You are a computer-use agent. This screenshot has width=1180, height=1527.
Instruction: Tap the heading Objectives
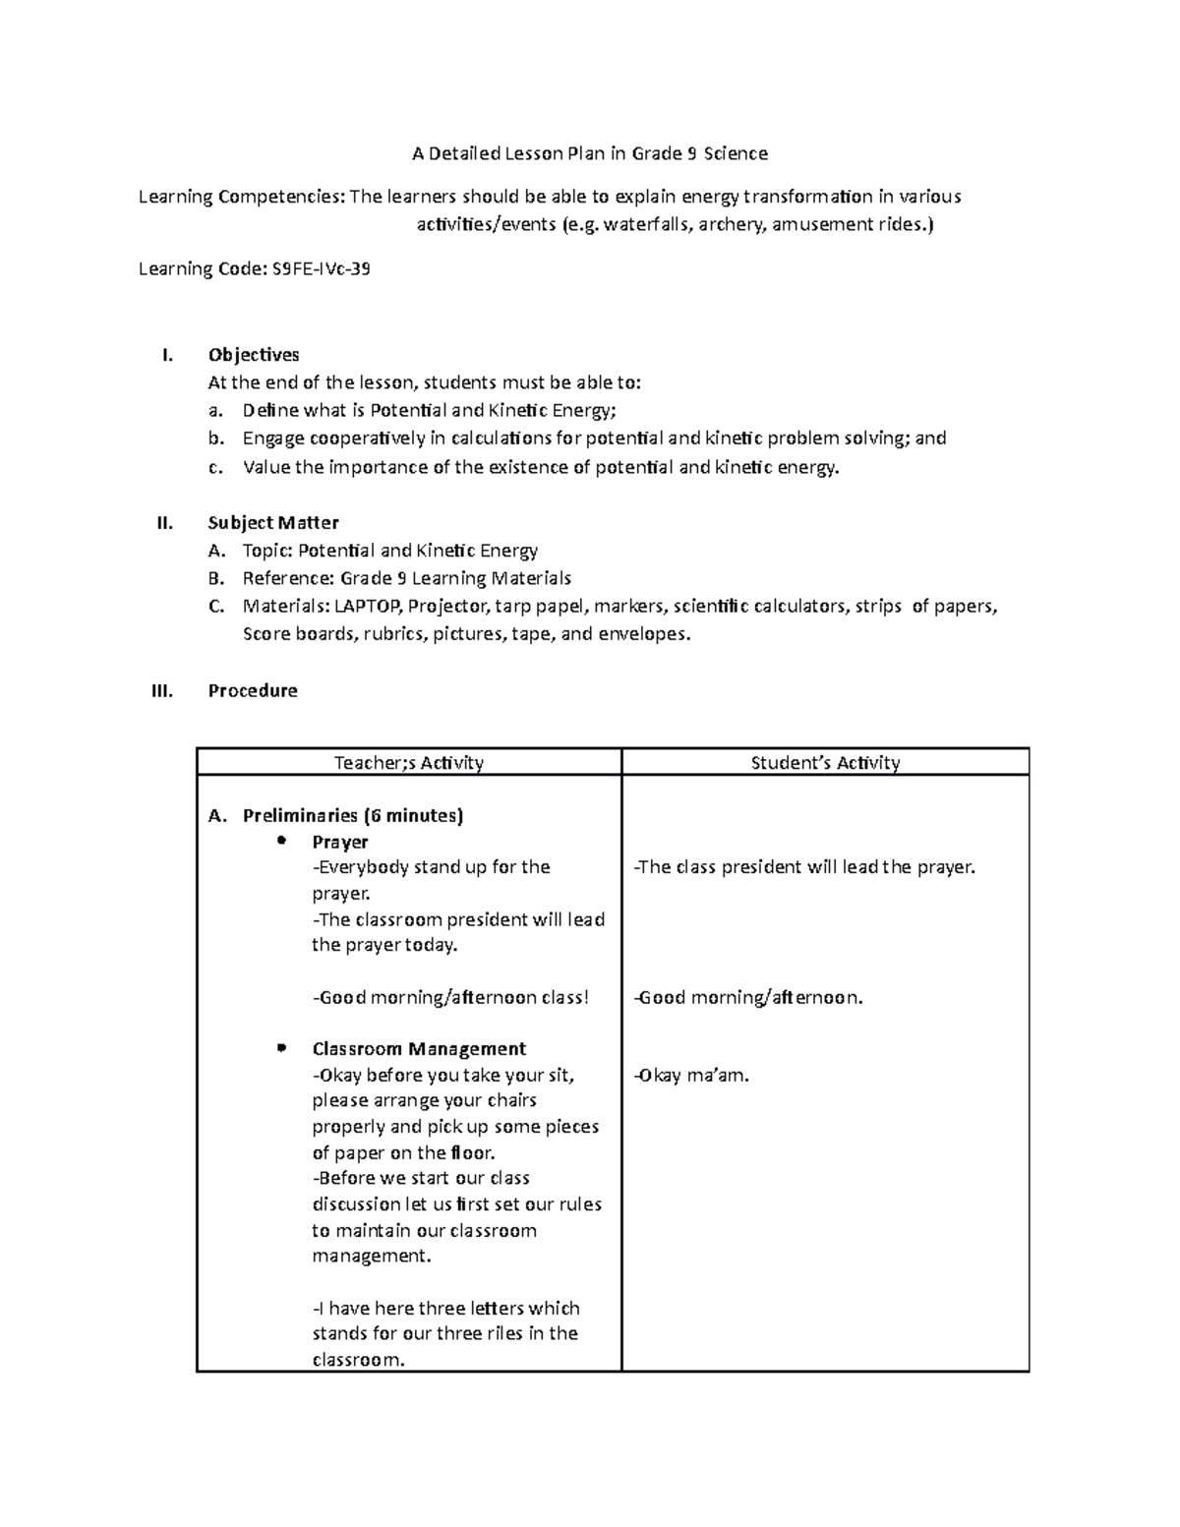254,355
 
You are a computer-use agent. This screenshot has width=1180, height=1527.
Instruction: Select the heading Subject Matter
273,523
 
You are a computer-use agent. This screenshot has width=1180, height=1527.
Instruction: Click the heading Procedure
253,691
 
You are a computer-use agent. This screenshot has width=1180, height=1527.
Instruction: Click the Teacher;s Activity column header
409,762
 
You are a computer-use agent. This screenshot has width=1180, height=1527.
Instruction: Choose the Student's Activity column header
825,762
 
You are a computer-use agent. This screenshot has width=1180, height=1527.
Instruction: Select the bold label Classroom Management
419,1049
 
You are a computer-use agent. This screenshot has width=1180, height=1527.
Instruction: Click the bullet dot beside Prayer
281,841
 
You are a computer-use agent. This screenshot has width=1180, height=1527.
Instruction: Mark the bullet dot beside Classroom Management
281,1047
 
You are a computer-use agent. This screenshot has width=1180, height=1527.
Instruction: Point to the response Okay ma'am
692,1076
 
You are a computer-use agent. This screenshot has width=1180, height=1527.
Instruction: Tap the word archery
733,225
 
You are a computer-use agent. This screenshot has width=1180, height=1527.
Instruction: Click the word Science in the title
736,153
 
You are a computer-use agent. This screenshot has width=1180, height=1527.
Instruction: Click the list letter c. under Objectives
216,468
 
